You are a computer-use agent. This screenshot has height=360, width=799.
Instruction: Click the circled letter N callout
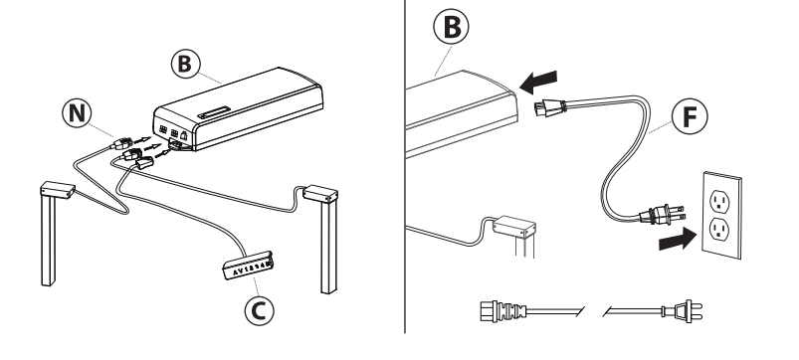click(x=77, y=113)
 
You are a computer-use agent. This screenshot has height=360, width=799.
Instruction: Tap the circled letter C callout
click(x=259, y=310)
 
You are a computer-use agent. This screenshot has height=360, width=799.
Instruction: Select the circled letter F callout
click(x=690, y=117)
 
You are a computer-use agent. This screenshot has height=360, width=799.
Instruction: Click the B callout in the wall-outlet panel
click(x=451, y=27)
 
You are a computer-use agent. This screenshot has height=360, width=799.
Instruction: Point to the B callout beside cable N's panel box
click(x=185, y=65)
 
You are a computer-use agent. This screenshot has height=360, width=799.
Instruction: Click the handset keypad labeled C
click(x=248, y=266)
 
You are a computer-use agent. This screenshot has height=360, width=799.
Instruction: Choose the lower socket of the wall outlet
click(x=719, y=229)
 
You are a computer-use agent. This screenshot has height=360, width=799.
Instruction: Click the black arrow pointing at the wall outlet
click(x=678, y=239)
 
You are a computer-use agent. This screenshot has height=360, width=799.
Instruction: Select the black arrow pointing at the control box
click(x=538, y=82)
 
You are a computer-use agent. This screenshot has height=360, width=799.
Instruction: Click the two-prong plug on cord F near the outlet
click(x=662, y=215)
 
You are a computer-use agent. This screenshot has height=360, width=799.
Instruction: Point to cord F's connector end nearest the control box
click(x=549, y=108)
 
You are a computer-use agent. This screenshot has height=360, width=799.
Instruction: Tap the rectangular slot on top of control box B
click(x=214, y=112)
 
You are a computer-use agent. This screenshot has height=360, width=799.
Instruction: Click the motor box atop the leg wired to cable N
click(x=58, y=190)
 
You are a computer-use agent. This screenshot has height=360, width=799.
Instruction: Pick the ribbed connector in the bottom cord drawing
click(x=502, y=311)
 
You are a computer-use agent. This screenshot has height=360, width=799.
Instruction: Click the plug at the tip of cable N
click(x=121, y=143)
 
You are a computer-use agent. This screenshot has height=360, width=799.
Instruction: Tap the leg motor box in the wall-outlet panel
click(x=514, y=227)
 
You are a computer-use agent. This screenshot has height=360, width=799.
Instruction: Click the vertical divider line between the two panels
click(x=405, y=166)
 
